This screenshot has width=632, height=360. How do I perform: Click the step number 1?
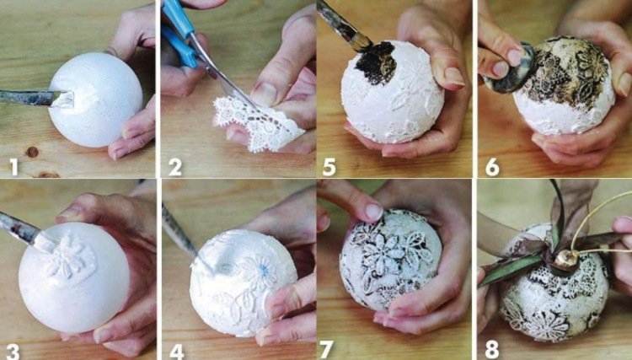click(x=13, y=167)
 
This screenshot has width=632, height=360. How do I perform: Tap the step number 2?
click(x=175, y=167)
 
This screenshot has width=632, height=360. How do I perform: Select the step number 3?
click(x=13, y=351)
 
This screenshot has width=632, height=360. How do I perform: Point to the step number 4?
click(x=177, y=351)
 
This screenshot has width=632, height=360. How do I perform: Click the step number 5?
click(x=329, y=167)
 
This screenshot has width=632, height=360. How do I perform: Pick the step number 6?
click(x=492, y=167)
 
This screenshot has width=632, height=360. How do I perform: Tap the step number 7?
click(x=326, y=350)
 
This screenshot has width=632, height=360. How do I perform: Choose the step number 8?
click(x=492, y=350)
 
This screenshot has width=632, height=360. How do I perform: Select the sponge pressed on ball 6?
click(x=510, y=69)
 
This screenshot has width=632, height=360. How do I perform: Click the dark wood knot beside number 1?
click(x=31, y=152)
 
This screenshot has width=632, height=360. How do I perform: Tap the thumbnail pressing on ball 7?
click(x=373, y=212)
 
